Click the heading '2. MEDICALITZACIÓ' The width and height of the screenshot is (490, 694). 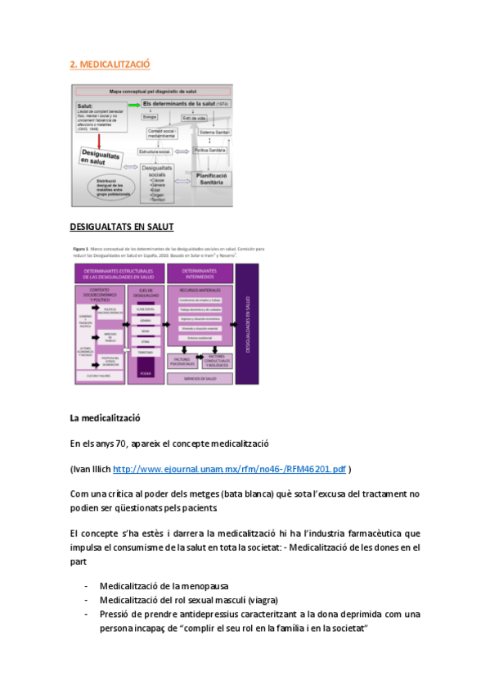coord(110,64)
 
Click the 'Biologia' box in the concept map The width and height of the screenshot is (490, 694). coord(150,118)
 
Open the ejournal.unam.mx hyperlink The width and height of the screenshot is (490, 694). coord(228,469)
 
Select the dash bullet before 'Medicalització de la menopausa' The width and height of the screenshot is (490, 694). coord(87,585)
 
